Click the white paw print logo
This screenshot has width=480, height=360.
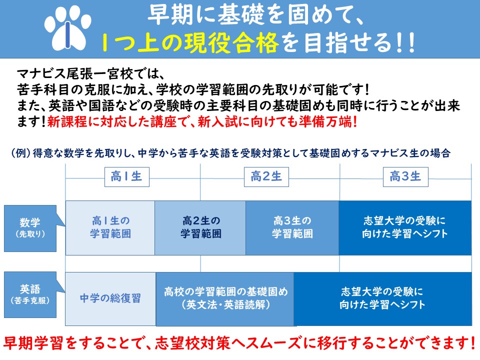tap(67, 28)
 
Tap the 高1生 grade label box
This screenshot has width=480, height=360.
tap(126, 177)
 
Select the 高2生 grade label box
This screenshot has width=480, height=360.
tap(266, 177)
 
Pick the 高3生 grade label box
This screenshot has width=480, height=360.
tap(405, 177)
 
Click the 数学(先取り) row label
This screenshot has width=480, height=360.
tap(30, 228)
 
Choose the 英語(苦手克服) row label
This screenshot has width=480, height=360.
tap(30, 295)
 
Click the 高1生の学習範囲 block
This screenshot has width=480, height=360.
tap(110, 228)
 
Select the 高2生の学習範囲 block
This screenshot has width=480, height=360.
tap(200, 228)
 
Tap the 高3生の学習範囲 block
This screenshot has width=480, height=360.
tap(292, 228)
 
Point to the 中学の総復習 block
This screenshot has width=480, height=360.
tap(110, 299)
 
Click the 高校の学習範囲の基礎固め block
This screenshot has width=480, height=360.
tap(225, 299)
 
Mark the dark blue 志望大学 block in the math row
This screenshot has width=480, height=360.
tap(405, 228)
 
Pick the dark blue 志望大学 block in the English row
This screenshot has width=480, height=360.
tap(382, 299)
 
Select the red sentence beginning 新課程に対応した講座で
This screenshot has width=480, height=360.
tap(202, 122)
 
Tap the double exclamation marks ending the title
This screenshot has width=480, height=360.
tap(405, 43)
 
